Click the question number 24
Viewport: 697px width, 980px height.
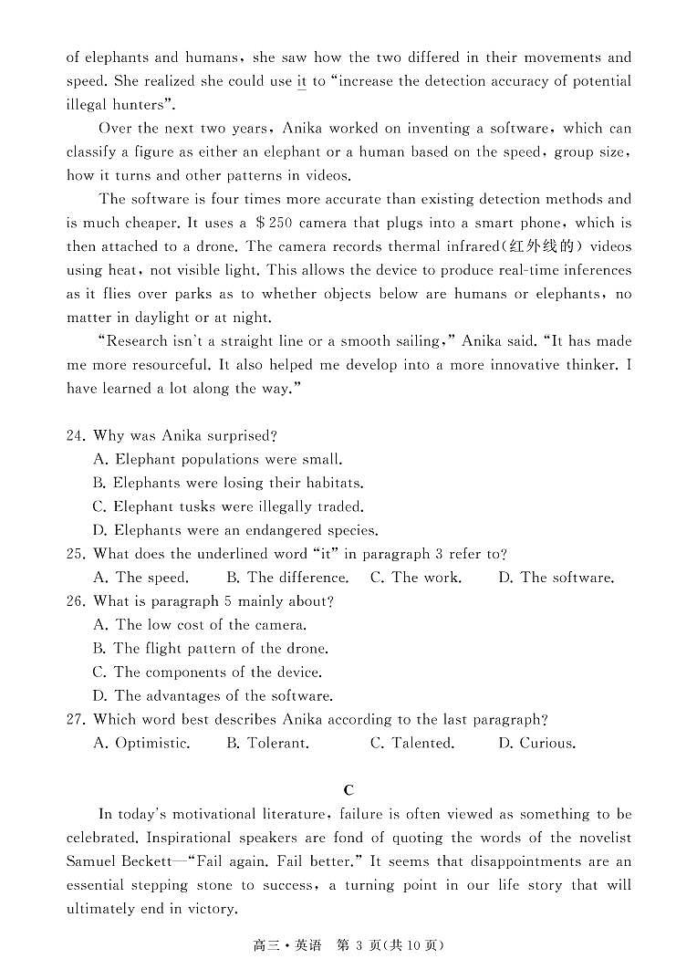coord(75,436)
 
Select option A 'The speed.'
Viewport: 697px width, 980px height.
coord(140,578)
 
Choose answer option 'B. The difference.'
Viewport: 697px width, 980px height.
coord(286,578)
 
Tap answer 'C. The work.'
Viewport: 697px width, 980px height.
coord(415,578)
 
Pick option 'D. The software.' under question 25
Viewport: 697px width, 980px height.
coord(556,578)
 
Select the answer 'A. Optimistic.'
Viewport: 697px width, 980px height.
coord(141,744)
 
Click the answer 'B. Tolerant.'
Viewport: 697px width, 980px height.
coord(267,744)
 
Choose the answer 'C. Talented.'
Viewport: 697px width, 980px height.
coord(411,744)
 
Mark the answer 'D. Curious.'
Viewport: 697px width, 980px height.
coord(536,744)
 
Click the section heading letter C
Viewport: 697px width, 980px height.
coord(348,790)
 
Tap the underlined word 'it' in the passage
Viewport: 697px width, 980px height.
coord(301,82)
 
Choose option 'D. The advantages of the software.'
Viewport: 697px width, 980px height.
coord(213,696)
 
